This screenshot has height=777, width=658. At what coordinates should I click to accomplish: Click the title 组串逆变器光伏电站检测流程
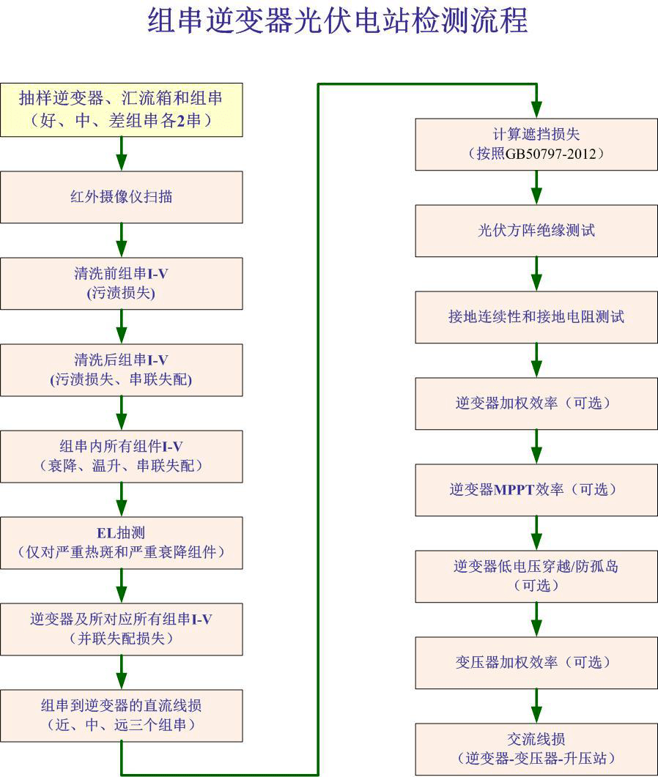(338, 21)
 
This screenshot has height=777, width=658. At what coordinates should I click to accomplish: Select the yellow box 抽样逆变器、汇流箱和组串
(121, 110)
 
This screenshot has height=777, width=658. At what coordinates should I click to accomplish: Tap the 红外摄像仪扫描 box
(121, 197)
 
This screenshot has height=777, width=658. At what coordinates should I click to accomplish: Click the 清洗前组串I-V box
(121, 283)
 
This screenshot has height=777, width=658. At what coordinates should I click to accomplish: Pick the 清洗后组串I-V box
(121, 370)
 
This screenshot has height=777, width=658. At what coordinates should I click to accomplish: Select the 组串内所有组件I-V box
(121, 456)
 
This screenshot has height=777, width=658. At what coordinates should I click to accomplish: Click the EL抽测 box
(121, 543)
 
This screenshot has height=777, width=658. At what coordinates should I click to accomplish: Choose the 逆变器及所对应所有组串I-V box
(121, 629)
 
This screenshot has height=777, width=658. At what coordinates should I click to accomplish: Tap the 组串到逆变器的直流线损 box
(121, 715)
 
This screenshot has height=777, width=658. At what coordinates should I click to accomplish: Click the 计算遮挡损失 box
(536, 144)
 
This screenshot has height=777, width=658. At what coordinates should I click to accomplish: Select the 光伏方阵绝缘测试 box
(536, 231)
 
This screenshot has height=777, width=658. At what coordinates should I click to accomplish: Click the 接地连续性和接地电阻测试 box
(536, 317)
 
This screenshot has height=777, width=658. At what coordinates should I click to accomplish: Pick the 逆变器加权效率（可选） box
(536, 404)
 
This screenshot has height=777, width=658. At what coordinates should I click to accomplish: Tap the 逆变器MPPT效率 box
(536, 490)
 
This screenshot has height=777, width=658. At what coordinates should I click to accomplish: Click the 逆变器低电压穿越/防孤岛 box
(536, 576)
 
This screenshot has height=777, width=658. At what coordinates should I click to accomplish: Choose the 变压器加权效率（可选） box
(536, 663)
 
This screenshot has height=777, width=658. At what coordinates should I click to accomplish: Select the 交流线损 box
(536, 749)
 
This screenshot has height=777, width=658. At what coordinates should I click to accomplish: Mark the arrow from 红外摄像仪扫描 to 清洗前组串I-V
(122, 240)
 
